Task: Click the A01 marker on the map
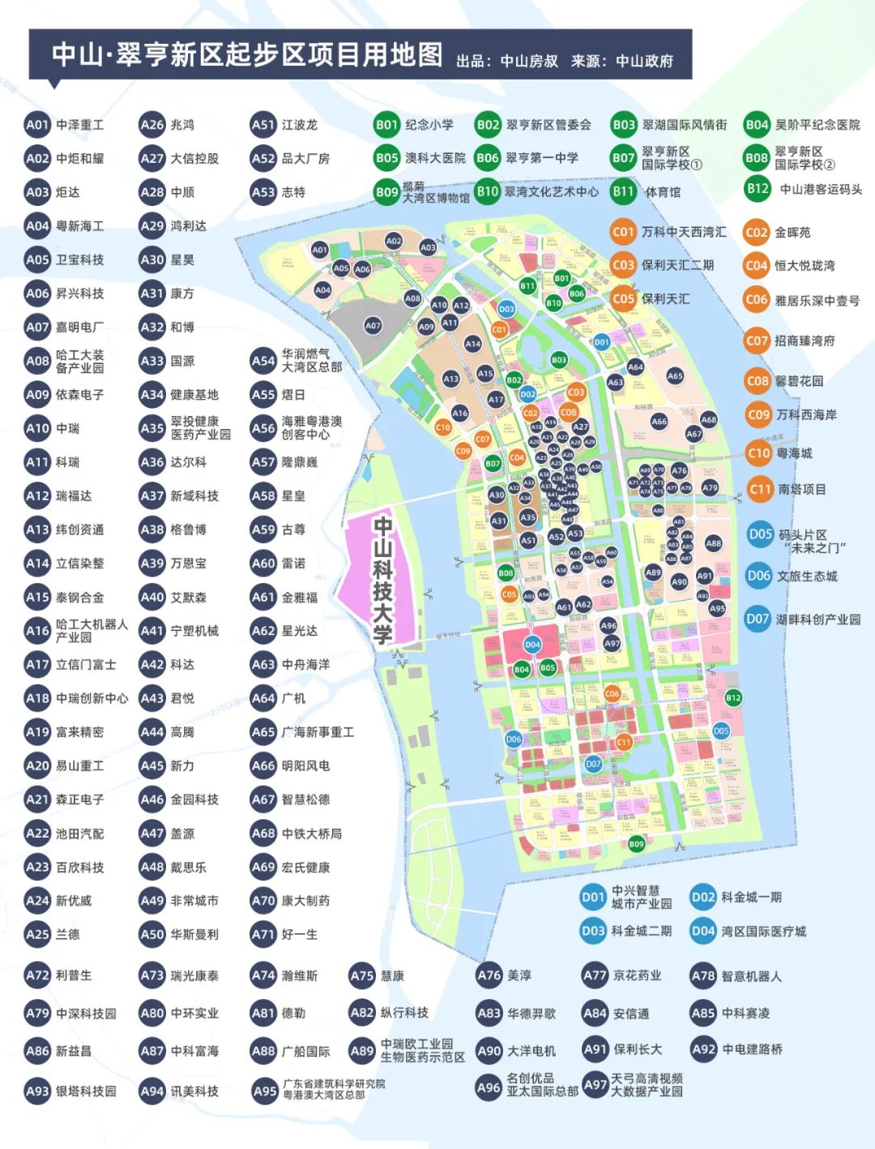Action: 319,251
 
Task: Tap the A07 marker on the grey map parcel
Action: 372,325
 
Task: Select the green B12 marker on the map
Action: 733,697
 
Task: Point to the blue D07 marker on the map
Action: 593,764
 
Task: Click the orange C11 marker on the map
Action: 623,742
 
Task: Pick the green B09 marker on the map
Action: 636,844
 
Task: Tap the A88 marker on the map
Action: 713,543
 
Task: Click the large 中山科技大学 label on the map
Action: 382,579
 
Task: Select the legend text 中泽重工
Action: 79,125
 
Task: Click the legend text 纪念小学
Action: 429,125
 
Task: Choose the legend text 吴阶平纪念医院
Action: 817,125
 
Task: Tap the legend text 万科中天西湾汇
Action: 683,232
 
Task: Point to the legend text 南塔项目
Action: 801,489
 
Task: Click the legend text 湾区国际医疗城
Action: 763,931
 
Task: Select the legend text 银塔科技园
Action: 86,1091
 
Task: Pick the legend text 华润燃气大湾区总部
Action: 311,361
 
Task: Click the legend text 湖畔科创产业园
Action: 817,619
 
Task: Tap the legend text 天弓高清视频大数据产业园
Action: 646,1085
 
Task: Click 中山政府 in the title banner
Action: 644,61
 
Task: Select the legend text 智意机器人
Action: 751,976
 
